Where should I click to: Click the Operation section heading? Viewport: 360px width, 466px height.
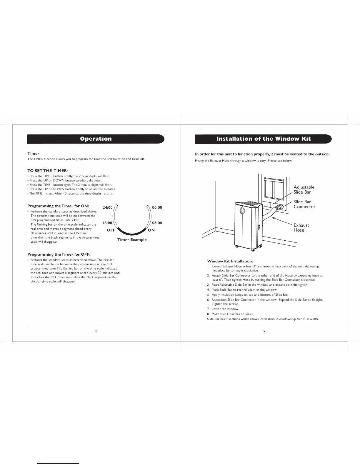pos(96,139)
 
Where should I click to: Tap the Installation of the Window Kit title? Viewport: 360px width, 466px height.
pos(263,139)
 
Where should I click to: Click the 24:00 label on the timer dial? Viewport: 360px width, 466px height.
pos(107,207)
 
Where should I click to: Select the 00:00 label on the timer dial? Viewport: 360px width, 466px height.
pos(157,207)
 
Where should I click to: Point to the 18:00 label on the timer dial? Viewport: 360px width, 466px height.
pos(107,223)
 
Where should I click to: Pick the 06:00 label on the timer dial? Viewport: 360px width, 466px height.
pos(157,223)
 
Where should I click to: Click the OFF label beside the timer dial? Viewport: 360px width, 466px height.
pos(111,230)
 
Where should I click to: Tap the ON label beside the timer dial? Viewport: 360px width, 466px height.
pos(151,230)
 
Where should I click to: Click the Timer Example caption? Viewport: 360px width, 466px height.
pos(132,239)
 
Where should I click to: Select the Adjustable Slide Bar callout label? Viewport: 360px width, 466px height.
pos(304,189)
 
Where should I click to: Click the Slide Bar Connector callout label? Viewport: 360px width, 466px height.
pos(304,204)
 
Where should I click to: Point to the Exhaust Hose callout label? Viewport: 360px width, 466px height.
pos(301,227)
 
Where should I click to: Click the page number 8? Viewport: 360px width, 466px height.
pos(96,331)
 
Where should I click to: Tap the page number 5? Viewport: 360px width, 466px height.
pos(264,331)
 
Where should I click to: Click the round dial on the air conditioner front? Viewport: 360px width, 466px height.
pos(242,211)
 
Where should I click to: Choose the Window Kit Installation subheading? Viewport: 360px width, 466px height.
pos(230,261)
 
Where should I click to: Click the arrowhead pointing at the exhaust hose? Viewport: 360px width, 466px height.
pos(274,218)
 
